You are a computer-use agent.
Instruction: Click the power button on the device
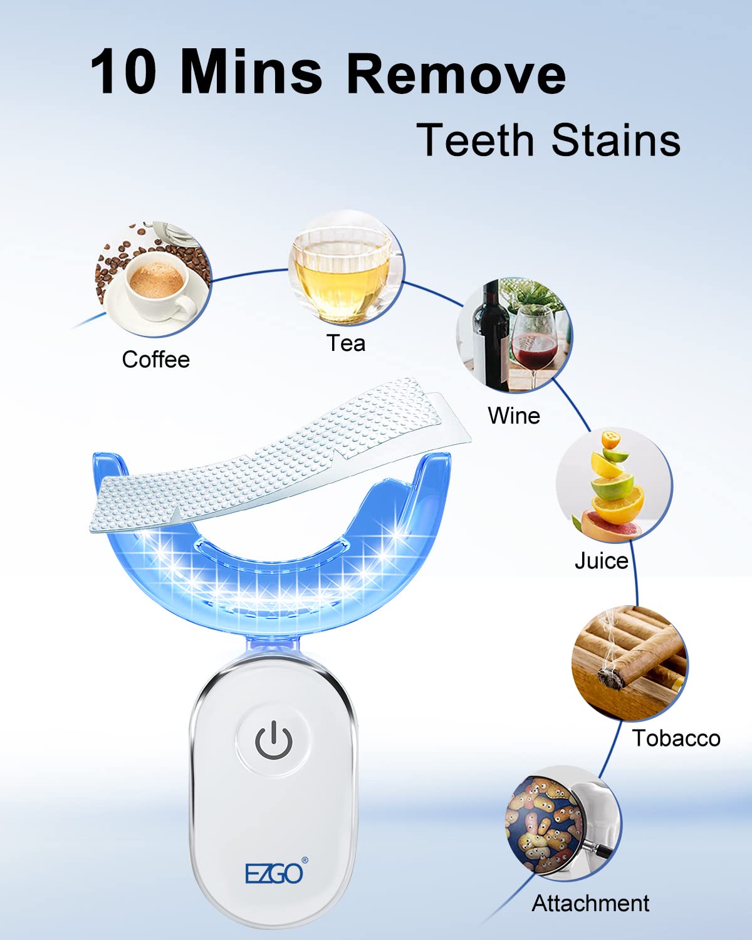(x=273, y=739)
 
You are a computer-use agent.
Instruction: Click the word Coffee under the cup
(x=155, y=360)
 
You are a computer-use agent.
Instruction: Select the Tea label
(x=345, y=343)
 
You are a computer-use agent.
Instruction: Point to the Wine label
(x=514, y=415)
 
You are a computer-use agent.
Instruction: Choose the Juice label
(x=601, y=560)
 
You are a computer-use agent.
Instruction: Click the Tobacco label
(x=676, y=738)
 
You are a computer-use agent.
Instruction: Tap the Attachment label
(x=590, y=903)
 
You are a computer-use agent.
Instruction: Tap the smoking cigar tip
(x=607, y=677)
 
